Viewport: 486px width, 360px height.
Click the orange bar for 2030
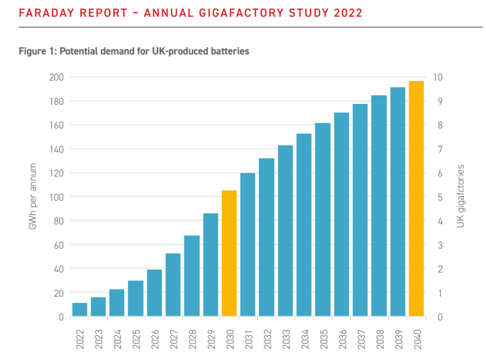point(229,253)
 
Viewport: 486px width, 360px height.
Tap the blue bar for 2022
point(79,309)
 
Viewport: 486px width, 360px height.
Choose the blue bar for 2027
point(173,285)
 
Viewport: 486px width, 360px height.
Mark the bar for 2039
point(397,202)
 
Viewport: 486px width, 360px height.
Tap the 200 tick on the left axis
point(56,77)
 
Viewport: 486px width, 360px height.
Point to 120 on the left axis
point(56,173)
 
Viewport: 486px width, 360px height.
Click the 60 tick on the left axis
point(58,245)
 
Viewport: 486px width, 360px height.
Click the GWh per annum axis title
point(33,197)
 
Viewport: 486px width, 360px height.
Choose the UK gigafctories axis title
point(460,197)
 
